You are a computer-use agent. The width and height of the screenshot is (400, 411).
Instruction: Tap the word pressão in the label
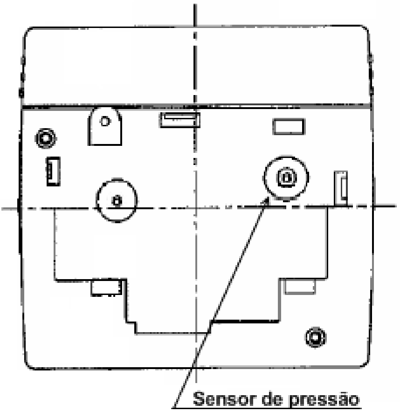pyautogui.click(x=324, y=399)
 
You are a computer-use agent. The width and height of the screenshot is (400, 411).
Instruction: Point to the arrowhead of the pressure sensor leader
pyautogui.click(x=267, y=200)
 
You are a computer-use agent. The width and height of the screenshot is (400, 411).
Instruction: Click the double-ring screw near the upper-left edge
pyautogui.click(x=45, y=138)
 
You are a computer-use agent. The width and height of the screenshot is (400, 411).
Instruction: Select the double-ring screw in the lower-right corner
pyautogui.click(x=316, y=337)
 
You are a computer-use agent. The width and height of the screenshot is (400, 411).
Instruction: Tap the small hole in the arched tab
pyautogui.click(x=105, y=121)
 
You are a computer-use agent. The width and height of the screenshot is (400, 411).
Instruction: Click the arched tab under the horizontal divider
pyautogui.click(x=105, y=126)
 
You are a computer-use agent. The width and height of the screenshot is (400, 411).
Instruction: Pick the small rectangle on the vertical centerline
pyautogui.click(x=180, y=120)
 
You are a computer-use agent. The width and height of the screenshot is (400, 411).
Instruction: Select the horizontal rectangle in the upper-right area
pyautogui.click(x=289, y=127)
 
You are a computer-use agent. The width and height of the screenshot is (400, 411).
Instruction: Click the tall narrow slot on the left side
pyautogui.click(x=53, y=171)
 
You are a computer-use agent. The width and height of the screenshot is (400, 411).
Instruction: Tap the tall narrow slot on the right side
pyautogui.click(x=341, y=189)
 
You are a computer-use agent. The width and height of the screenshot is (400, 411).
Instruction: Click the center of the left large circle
pyautogui.click(x=117, y=201)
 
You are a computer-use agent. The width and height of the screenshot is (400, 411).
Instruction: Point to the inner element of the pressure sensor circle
pyautogui.click(x=286, y=178)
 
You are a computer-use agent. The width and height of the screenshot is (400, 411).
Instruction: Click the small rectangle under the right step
pyautogui.click(x=300, y=286)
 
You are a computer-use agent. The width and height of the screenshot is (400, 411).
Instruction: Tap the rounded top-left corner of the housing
pyautogui.click(x=28, y=31)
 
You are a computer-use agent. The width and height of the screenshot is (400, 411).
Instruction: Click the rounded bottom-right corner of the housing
pyautogui.click(x=366, y=363)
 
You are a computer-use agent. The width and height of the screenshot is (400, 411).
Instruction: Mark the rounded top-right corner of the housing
pyautogui.click(x=366, y=30)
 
